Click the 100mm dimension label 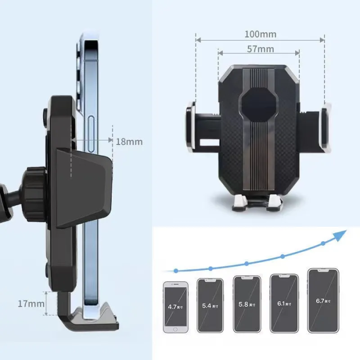260,34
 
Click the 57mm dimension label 260,49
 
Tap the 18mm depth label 129,141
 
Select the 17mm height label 31,303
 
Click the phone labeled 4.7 176,307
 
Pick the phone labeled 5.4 210,305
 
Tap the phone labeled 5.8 246,304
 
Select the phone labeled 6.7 322,300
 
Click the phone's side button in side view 92,134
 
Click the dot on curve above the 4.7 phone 176,270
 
